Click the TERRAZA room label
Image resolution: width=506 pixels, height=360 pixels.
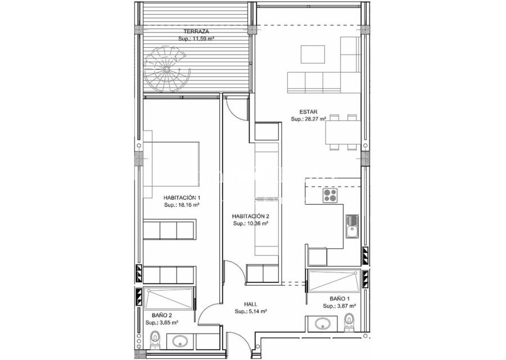(196, 31)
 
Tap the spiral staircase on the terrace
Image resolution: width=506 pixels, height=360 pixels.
(166, 69)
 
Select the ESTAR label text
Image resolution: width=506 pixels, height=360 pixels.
(309, 112)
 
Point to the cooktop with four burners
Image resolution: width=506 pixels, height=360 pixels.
(330, 195)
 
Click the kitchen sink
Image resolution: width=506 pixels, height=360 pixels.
(352, 226)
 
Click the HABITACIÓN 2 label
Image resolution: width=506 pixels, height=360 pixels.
(251, 217)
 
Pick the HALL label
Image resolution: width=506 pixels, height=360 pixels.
(251, 304)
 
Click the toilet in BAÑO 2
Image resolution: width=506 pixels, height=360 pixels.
(155, 340)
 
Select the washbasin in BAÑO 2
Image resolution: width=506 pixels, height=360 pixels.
(180, 341)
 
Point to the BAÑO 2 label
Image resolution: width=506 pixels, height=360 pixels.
(162, 315)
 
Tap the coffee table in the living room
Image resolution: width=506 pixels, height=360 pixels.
(313, 54)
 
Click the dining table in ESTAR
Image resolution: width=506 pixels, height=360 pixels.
(343, 132)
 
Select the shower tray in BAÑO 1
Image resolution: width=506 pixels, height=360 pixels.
(334, 280)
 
